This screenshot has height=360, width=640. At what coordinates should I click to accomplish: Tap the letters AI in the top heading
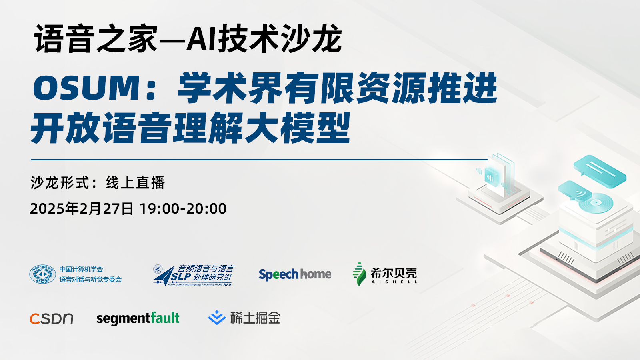202,38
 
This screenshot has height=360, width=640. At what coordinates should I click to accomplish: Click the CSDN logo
52,318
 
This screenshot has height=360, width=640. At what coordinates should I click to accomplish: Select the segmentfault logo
138,318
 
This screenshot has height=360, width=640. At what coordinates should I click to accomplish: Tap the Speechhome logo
295,274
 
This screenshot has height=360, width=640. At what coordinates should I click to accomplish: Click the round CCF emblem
42,274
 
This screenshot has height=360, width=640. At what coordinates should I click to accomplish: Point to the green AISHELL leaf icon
359,274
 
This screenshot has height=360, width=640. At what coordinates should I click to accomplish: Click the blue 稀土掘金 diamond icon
216,318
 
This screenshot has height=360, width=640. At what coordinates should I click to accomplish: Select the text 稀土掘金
255,318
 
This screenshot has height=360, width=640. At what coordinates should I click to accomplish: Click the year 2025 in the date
47,208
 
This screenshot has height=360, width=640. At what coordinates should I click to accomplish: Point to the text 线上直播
135,182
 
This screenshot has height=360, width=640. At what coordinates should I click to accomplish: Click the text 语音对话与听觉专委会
90,279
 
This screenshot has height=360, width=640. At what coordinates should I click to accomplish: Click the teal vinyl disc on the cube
596,203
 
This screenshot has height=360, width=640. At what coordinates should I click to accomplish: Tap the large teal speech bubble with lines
600,172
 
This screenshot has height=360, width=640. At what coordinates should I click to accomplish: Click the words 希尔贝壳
394,273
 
